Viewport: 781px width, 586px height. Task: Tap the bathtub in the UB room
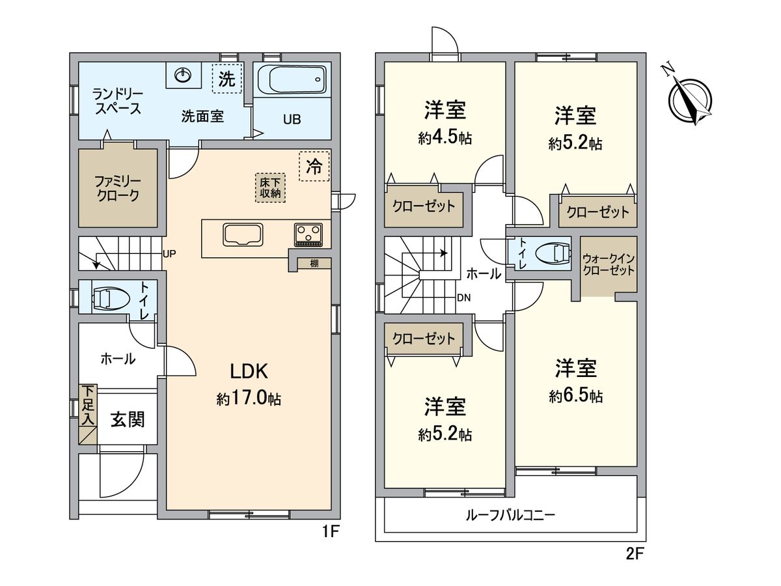[292, 79]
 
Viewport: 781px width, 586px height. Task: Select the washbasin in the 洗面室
[184, 75]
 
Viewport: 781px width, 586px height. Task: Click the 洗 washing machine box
[226, 78]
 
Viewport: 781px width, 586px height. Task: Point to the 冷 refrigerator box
[314, 166]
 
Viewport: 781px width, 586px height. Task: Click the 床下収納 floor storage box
[270, 188]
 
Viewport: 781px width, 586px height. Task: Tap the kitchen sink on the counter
[243, 234]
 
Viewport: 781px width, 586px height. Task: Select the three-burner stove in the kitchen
[308, 235]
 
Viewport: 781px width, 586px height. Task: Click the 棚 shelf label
[314, 263]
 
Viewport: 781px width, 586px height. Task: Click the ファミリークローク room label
[118, 189]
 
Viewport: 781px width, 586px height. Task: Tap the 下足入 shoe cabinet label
[88, 405]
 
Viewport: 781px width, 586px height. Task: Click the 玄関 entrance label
[128, 420]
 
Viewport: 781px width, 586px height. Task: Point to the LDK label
[249, 371]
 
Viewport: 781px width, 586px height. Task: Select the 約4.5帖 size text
[445, 138]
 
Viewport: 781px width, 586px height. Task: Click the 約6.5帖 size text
[576, 397]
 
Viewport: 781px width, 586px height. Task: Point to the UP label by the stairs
[169, 253]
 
